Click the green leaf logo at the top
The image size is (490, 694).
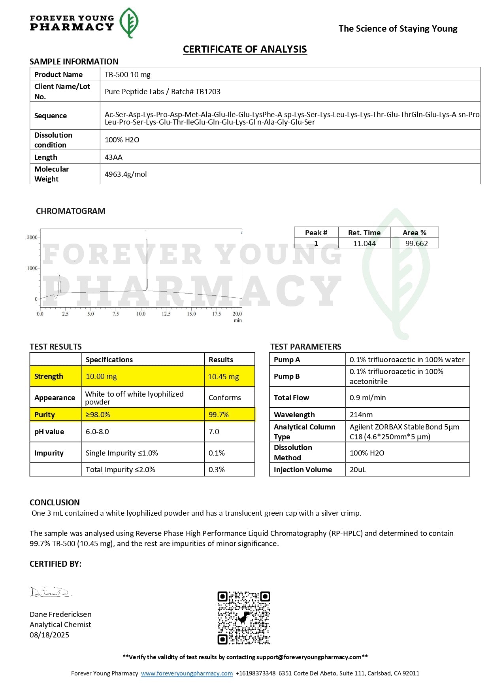[129, 23]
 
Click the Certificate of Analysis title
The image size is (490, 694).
[245, 49]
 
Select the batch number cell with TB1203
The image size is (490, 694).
[162, 91]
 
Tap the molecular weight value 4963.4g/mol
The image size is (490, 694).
[126, 174]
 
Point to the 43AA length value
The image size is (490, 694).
[113, 157]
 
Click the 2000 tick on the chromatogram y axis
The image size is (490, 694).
[32, 237]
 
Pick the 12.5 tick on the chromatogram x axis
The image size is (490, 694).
[166, 314]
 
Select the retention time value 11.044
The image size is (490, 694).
[364, 243]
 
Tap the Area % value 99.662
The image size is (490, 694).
[416, 243]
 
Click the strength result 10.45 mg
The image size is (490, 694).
[223, 376]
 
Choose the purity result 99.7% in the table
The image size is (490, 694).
[219, 414]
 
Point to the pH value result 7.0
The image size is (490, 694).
[214, 431]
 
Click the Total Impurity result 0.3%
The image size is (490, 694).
[217, 469]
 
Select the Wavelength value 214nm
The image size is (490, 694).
[361, 414]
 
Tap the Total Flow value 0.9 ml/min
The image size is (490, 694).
[367, 397]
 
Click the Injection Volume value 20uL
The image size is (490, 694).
[358, 469]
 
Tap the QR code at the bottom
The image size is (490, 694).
[244, 618]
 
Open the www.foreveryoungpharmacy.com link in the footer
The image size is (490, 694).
[187, 673]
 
